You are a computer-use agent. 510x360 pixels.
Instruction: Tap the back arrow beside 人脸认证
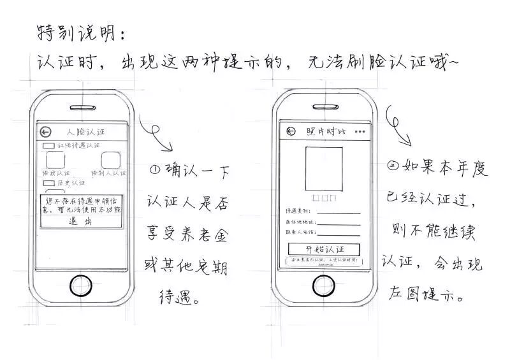[x=45, y=132]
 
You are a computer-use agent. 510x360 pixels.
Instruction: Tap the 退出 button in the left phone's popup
[x=80, y=222]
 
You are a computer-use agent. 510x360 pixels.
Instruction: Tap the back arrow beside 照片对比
[x=291, y=131]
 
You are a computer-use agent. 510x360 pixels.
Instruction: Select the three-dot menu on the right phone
[x=361, y=132]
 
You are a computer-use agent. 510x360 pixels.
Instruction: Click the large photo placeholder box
[x=324, y=166]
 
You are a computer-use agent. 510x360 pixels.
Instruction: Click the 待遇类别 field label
[x=297, y=211]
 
